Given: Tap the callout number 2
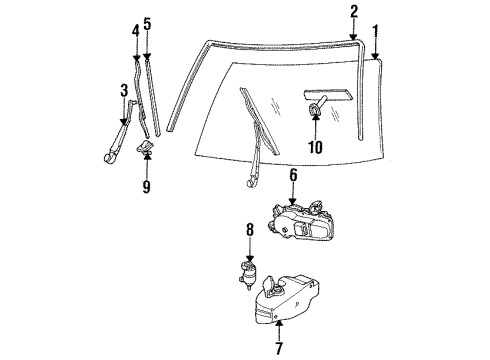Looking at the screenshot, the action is (354, 12).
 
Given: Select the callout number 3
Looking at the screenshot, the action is (124, 92).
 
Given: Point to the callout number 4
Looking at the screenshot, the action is (135, 31).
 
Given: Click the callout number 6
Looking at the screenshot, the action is (294, 176).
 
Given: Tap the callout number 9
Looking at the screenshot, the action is (146, 186).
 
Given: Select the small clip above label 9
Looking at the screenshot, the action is (146, 150).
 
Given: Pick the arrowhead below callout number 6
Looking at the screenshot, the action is (294, 203).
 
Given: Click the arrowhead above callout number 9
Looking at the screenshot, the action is (146, 161).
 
